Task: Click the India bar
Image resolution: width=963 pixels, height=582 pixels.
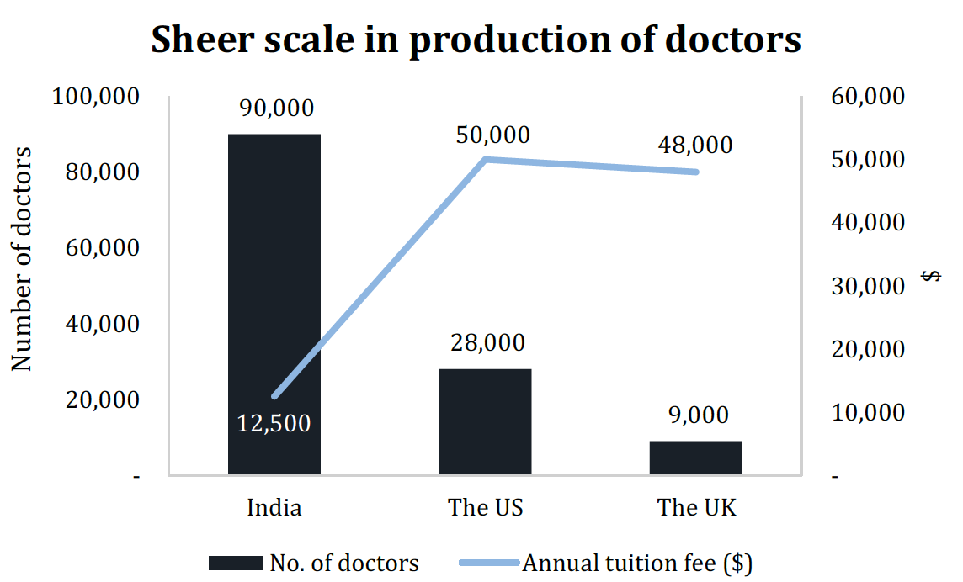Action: (274, 252)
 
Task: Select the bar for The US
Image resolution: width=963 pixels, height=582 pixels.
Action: (485, 421)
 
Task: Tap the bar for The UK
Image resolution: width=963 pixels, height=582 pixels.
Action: (696, 458)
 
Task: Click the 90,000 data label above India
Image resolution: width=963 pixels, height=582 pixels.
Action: (276, 108)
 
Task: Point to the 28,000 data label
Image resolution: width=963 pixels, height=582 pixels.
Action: (486, 343)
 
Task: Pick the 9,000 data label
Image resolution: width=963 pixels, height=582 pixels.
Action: (696, 415)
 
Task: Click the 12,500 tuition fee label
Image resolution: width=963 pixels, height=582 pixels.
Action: (274, 424)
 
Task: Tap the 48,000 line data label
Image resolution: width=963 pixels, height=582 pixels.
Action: (694, 145)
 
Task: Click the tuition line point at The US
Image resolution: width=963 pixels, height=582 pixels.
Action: (486, 159)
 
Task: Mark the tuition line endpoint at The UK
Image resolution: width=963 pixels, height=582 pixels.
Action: (696, 172)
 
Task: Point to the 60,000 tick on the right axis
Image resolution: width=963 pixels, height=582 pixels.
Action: (868, 97)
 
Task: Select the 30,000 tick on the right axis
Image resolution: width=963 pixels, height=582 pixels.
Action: (868, 286)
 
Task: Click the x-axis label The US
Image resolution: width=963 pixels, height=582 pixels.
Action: (486, 508)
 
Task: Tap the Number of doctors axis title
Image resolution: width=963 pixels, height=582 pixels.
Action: (22, 259)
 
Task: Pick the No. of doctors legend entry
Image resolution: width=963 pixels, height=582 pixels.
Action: (313, 563)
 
